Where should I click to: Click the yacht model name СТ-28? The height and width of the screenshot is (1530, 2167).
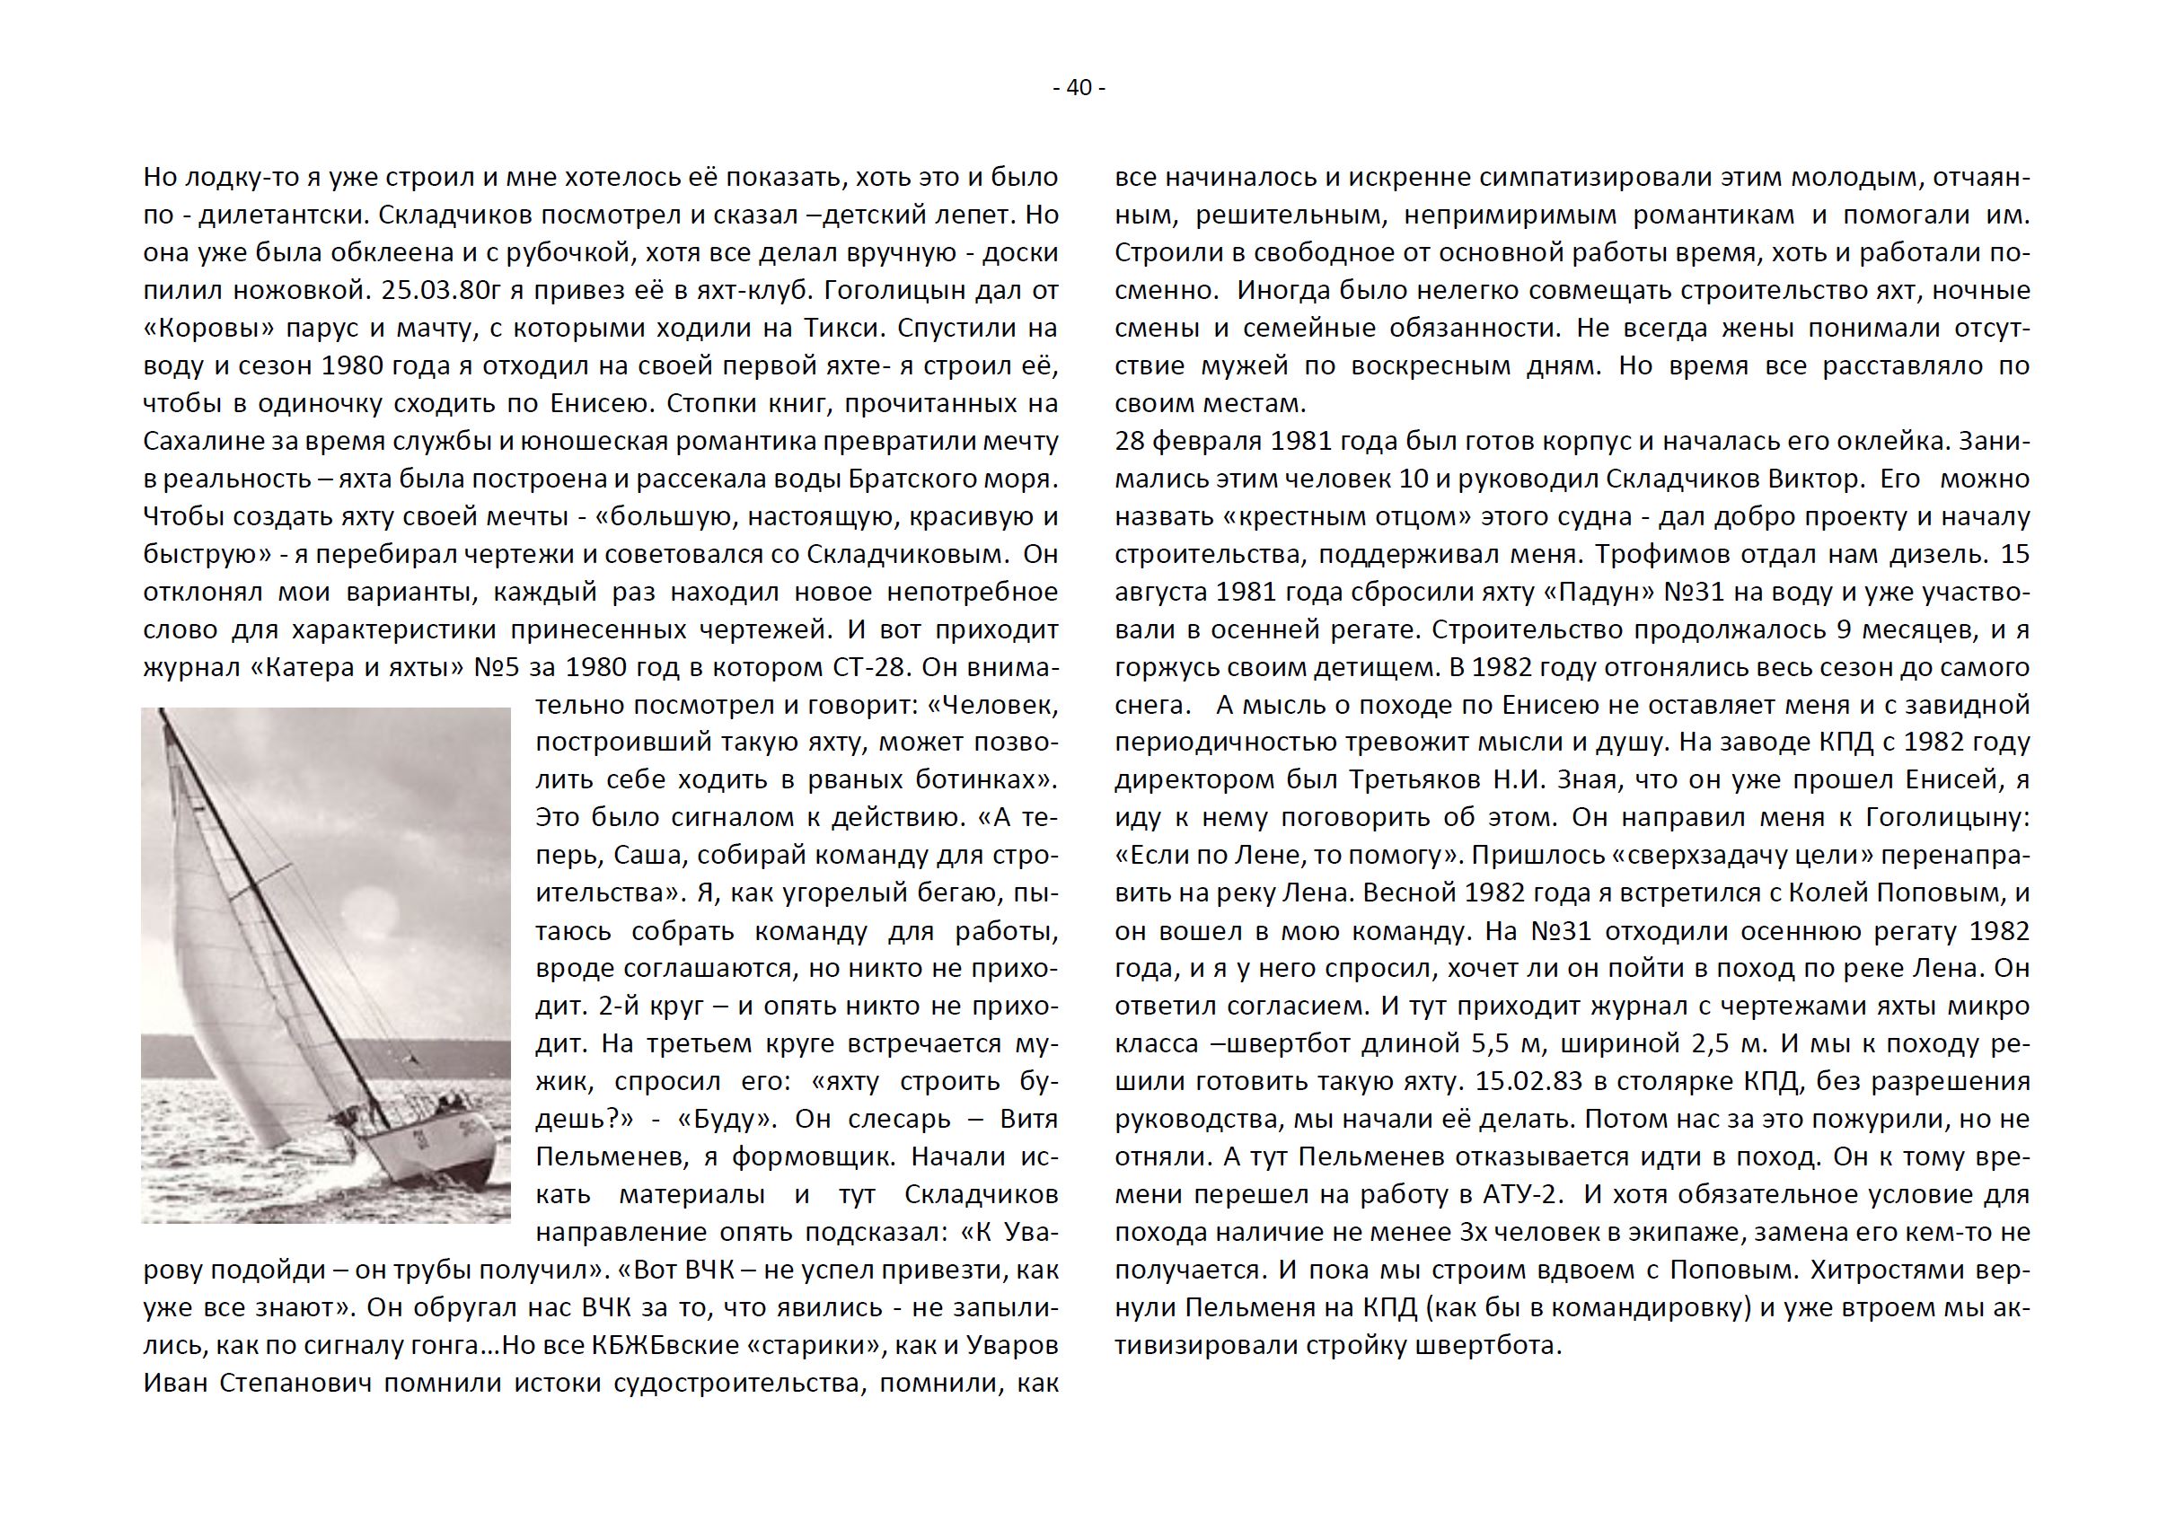coord(868,667)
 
